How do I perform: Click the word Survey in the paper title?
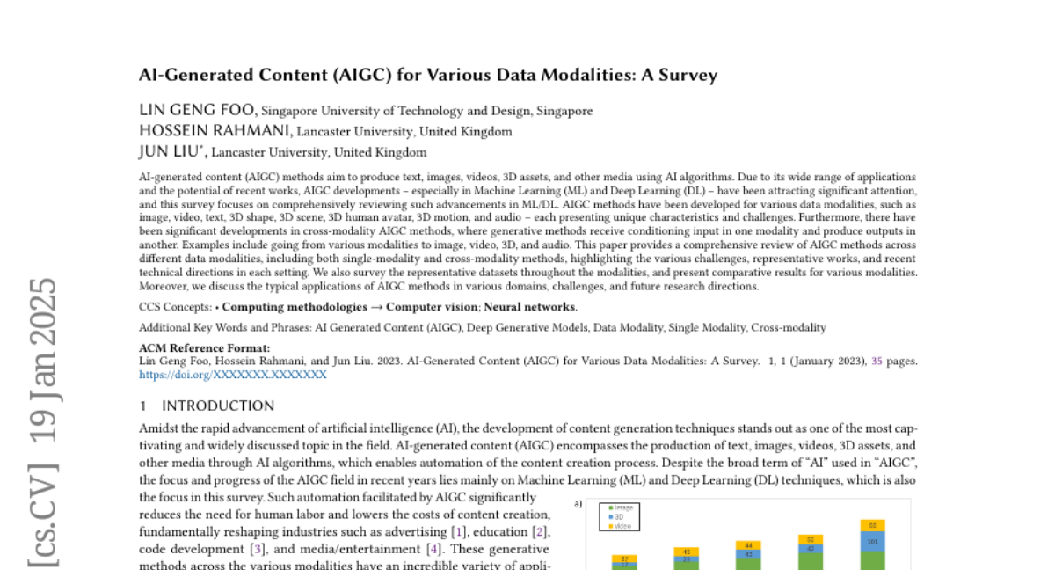691,75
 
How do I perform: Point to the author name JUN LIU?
171,151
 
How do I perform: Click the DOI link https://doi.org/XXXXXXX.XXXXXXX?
233,375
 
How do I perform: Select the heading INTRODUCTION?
218,406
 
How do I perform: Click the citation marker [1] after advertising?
458,531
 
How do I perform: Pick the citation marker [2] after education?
542,531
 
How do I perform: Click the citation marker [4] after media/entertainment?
433,548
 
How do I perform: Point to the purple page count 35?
877,361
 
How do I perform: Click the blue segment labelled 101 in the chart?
873,542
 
